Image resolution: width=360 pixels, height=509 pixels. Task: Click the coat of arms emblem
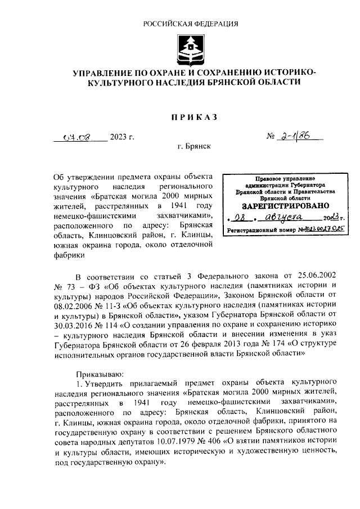(x=190, y=49)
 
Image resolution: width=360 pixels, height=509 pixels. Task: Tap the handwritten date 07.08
(x=78, y=136)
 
